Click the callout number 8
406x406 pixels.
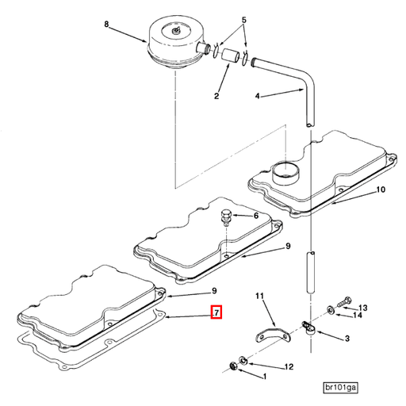[x=105, y=25]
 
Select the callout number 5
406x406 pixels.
[x=244, y=20]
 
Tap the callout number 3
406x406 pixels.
[x=347, y=339]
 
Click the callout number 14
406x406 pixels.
[x=358, y=316]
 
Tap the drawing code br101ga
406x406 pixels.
[x=340, y=387]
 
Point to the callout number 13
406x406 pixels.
[x=363, y=308]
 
